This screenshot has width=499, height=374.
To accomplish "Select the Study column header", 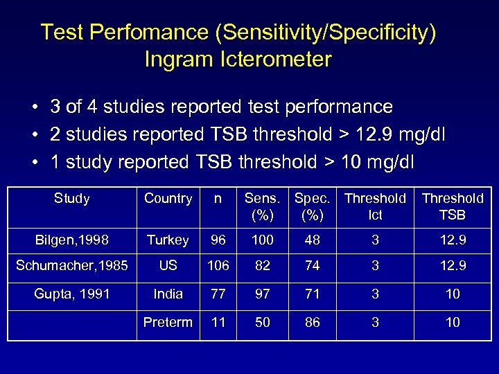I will pos(71,199).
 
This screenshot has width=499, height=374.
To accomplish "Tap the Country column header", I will pos(168,199).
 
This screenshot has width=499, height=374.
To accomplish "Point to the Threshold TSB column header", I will pos(453,206).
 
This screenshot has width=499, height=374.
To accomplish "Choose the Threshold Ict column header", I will pos(375,206).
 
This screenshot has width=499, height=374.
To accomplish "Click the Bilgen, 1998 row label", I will pos(72,240).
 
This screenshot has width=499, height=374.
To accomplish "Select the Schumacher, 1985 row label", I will pos(72,266).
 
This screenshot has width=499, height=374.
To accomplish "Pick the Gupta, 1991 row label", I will pos(72,294).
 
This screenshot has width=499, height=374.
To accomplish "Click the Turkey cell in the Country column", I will pos(168,240).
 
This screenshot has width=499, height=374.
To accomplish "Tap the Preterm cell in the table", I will pos(168,322).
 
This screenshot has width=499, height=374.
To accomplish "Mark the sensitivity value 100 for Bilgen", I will pos(263,240).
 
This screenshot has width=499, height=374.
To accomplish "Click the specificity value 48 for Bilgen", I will pos(313,240).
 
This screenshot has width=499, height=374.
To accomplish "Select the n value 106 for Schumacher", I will pos(217,266).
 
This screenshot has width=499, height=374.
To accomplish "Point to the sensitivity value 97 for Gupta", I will pos(263,294).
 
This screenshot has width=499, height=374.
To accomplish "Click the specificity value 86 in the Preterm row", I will pos(313,322).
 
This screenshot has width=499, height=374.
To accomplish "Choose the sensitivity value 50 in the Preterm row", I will pos(263,322).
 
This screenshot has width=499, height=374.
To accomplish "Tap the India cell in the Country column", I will pos(168,294).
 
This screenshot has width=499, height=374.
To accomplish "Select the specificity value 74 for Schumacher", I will pos(313,266).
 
